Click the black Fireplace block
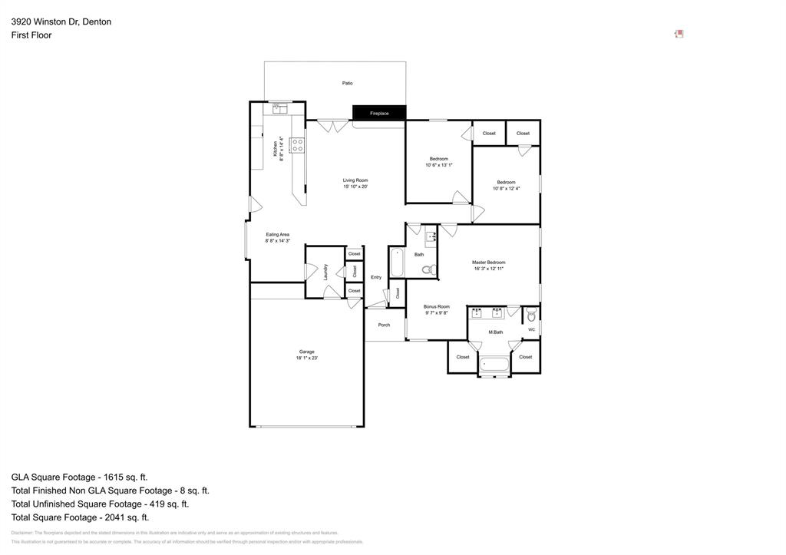point(379,113)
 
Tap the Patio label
point(347,83)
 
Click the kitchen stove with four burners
point(296,144)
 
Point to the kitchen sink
point(279,109)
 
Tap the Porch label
point(384,325)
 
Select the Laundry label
point(326,272)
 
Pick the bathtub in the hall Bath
point(397,263)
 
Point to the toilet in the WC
point(531,315)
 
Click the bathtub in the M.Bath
point(494,365)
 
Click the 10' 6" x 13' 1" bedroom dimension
point(439,165)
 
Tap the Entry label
point(376,277)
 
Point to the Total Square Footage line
point(80,517)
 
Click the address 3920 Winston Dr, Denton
point(61,21)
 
